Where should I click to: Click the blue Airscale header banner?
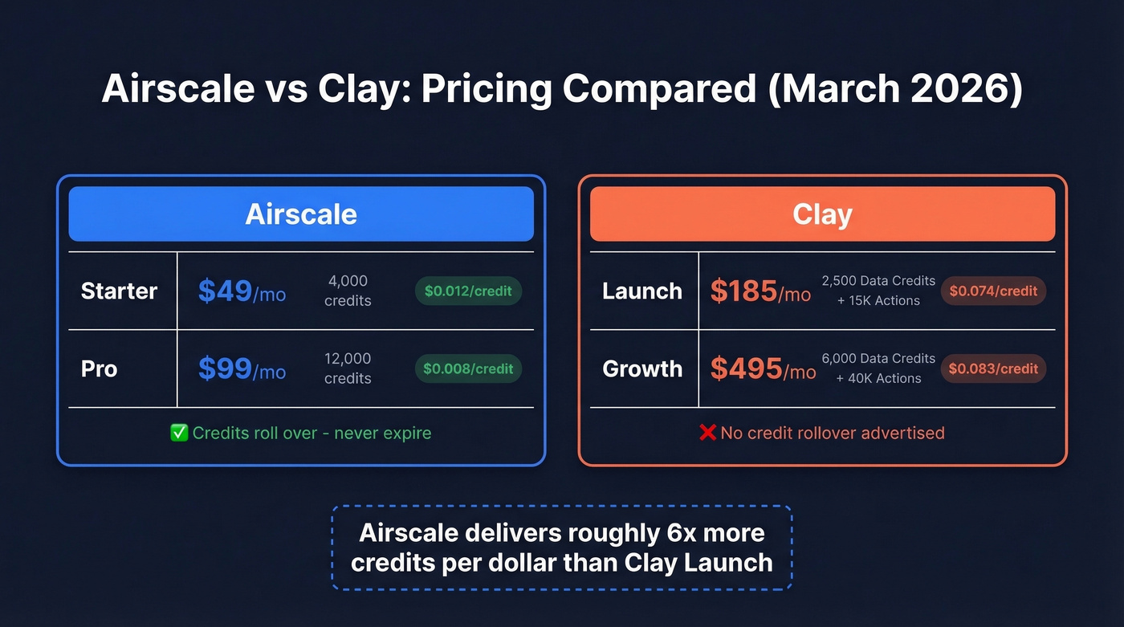[301, 214]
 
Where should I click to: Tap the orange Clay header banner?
[822, 214]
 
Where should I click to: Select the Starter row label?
[119, 291]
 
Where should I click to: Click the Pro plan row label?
[99, 368]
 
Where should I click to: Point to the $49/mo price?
[242, 291]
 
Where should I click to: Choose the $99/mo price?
[242, 369]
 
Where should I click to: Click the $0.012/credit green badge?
[468, 291]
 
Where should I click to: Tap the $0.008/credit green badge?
[468, 368]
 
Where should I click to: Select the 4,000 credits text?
[348, 291]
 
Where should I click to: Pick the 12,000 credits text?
[348, 368]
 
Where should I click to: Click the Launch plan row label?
[642, 291]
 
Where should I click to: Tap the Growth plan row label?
[642, 368]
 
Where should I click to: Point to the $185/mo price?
[760, 291]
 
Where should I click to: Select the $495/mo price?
[763, 369]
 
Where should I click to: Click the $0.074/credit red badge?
[993, 291]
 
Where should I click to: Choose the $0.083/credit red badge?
[993, 368]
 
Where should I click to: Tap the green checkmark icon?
[179, 433]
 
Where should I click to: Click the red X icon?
[707, 433]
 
